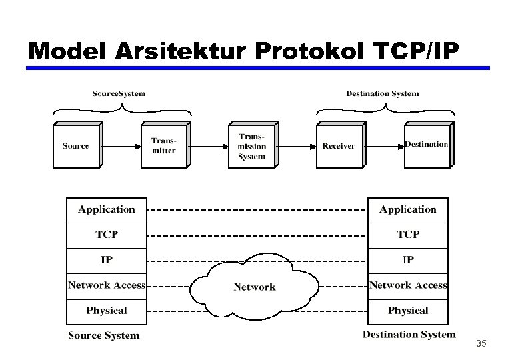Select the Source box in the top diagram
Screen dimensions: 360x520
click(75, 145)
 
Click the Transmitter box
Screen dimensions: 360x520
click(164, 145)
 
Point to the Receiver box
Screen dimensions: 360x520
click(339, 145)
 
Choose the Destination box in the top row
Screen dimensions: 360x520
click(427, 145)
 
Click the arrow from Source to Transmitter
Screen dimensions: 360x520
click(120, 145)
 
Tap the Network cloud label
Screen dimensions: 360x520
click(254, 287)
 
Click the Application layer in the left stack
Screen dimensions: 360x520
click(106, 209)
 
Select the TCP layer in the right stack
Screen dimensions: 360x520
click(408, 235)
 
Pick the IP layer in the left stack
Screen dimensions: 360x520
click(106, 260)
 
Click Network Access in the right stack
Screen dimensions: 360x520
click(408, 285)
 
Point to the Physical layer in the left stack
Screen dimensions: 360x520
click(106, 311)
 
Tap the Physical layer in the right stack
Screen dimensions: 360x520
click(408, 311)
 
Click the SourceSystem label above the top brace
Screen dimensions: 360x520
click(119, 93)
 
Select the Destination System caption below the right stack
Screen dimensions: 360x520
click(409, 335)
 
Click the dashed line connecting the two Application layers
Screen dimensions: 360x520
click(257, 210)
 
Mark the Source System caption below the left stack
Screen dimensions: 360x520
click(104, 335)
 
